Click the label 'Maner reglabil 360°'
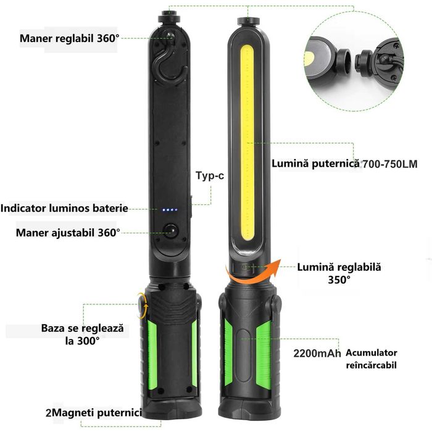[x=69, y=38]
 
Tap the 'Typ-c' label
[x=210, y=176]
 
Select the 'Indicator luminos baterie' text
[x=64, y=209]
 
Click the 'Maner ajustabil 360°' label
[x=69, y=233]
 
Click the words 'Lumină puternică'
[x=315, y=164]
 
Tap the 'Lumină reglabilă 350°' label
[x=339, y=273]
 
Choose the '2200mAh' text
[x=317, y=354]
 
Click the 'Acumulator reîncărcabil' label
[x=372, y=359]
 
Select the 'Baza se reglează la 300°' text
[x=82, y=334]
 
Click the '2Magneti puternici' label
[x=94, y=412]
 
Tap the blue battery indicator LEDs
[x=170, y=210]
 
